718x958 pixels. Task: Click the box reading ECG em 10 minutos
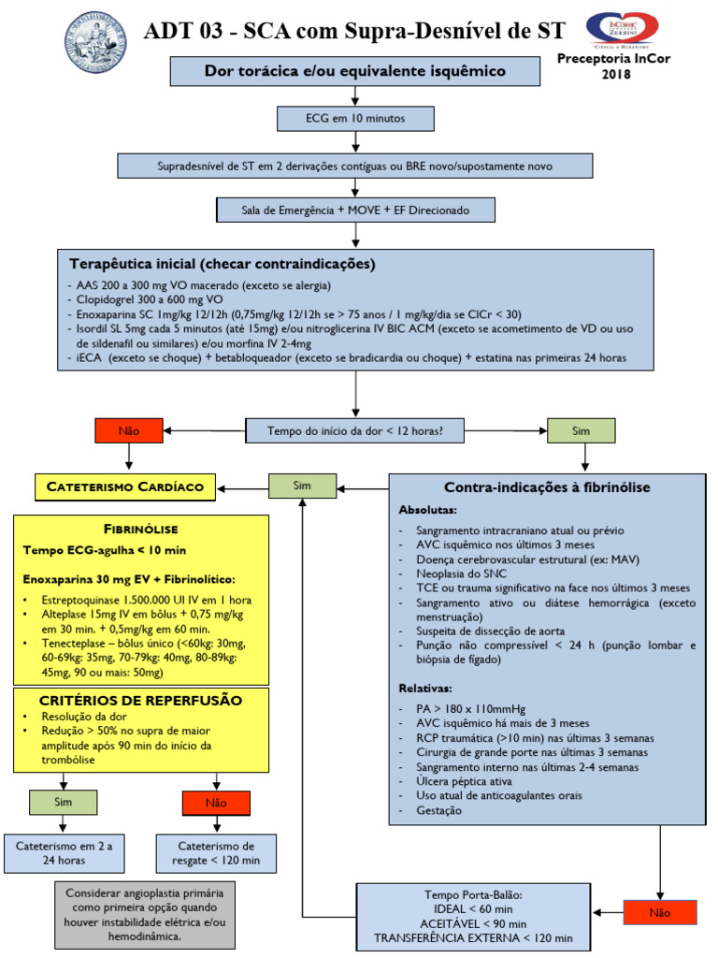point(355,119)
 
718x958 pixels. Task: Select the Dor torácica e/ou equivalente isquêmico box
point(355,71)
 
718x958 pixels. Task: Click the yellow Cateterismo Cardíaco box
point(125,486)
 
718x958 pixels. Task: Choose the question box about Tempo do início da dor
point(355,430)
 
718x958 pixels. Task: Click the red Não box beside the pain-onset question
point(129,430)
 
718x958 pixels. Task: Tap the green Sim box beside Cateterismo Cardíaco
point(302,486)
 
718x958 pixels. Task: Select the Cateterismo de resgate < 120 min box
point(216,853)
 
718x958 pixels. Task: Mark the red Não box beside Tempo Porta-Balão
point(660,912)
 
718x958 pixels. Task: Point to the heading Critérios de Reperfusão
point(140,701)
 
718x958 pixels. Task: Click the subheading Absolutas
point(428,511)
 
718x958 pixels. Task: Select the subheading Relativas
point(425,688)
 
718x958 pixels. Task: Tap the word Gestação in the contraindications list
point(438,810)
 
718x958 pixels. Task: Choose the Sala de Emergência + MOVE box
point(355,210)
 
